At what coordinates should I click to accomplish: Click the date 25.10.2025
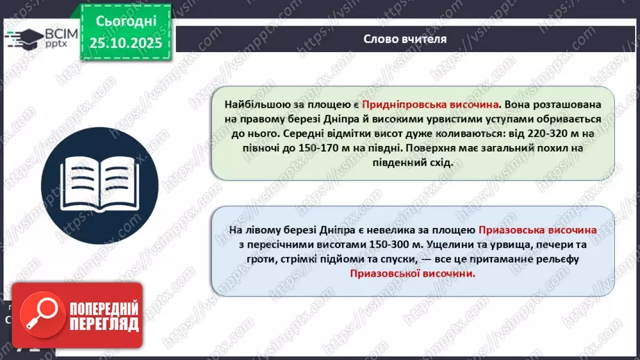[125, 44]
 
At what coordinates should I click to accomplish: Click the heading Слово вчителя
[404, 39]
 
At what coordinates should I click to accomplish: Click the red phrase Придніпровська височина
[440, 104]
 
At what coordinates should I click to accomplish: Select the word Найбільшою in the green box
[258, 104]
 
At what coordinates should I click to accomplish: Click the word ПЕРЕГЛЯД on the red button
[103, 324]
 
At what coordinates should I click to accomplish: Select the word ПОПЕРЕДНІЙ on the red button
[103, 308]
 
